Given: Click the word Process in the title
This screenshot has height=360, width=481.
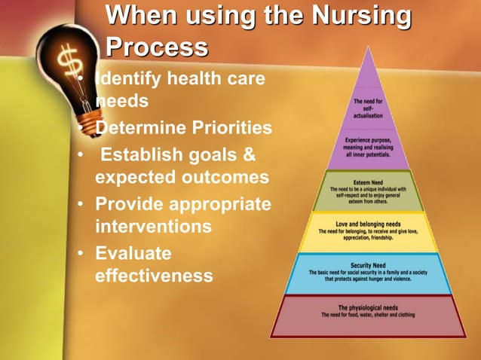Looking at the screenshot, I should pos(157,47).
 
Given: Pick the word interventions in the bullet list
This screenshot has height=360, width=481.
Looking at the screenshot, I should pos(154,226).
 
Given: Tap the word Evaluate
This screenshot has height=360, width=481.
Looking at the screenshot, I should pos(133,252).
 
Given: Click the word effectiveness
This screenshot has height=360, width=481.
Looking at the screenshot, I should pos(154,276).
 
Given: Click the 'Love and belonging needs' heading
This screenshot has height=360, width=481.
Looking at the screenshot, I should pos(369,223).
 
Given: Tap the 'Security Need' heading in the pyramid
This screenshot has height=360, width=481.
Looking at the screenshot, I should pos(369,264).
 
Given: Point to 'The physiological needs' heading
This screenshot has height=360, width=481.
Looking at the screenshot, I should pos(369,307).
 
